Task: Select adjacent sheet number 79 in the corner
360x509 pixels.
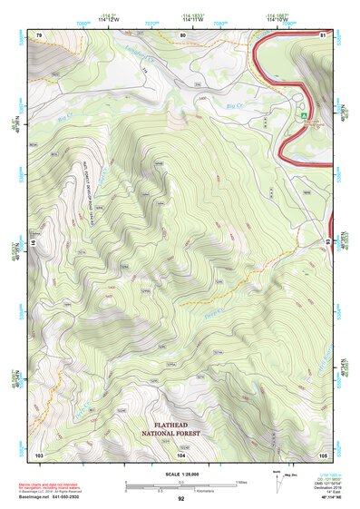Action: click(38, 34)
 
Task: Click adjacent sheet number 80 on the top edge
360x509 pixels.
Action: click(182, 34)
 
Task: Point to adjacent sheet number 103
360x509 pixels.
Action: click(38, 454)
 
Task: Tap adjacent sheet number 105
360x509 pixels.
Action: click(324, 454)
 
